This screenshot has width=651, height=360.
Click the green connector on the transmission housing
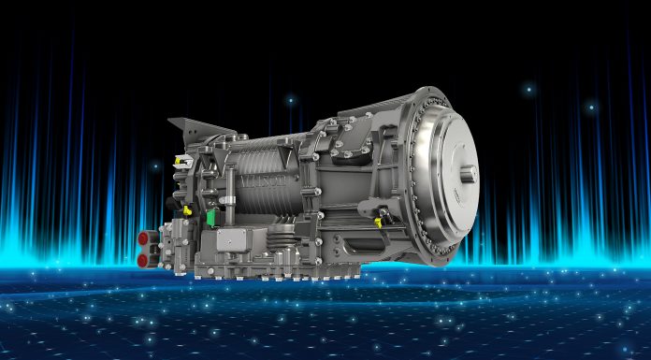[x=211, y=218]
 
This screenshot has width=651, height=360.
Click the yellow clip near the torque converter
[x=380, y=222]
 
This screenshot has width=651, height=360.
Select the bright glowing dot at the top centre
[x=290, y=99]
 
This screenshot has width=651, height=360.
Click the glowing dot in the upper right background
[x=529, y=90]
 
